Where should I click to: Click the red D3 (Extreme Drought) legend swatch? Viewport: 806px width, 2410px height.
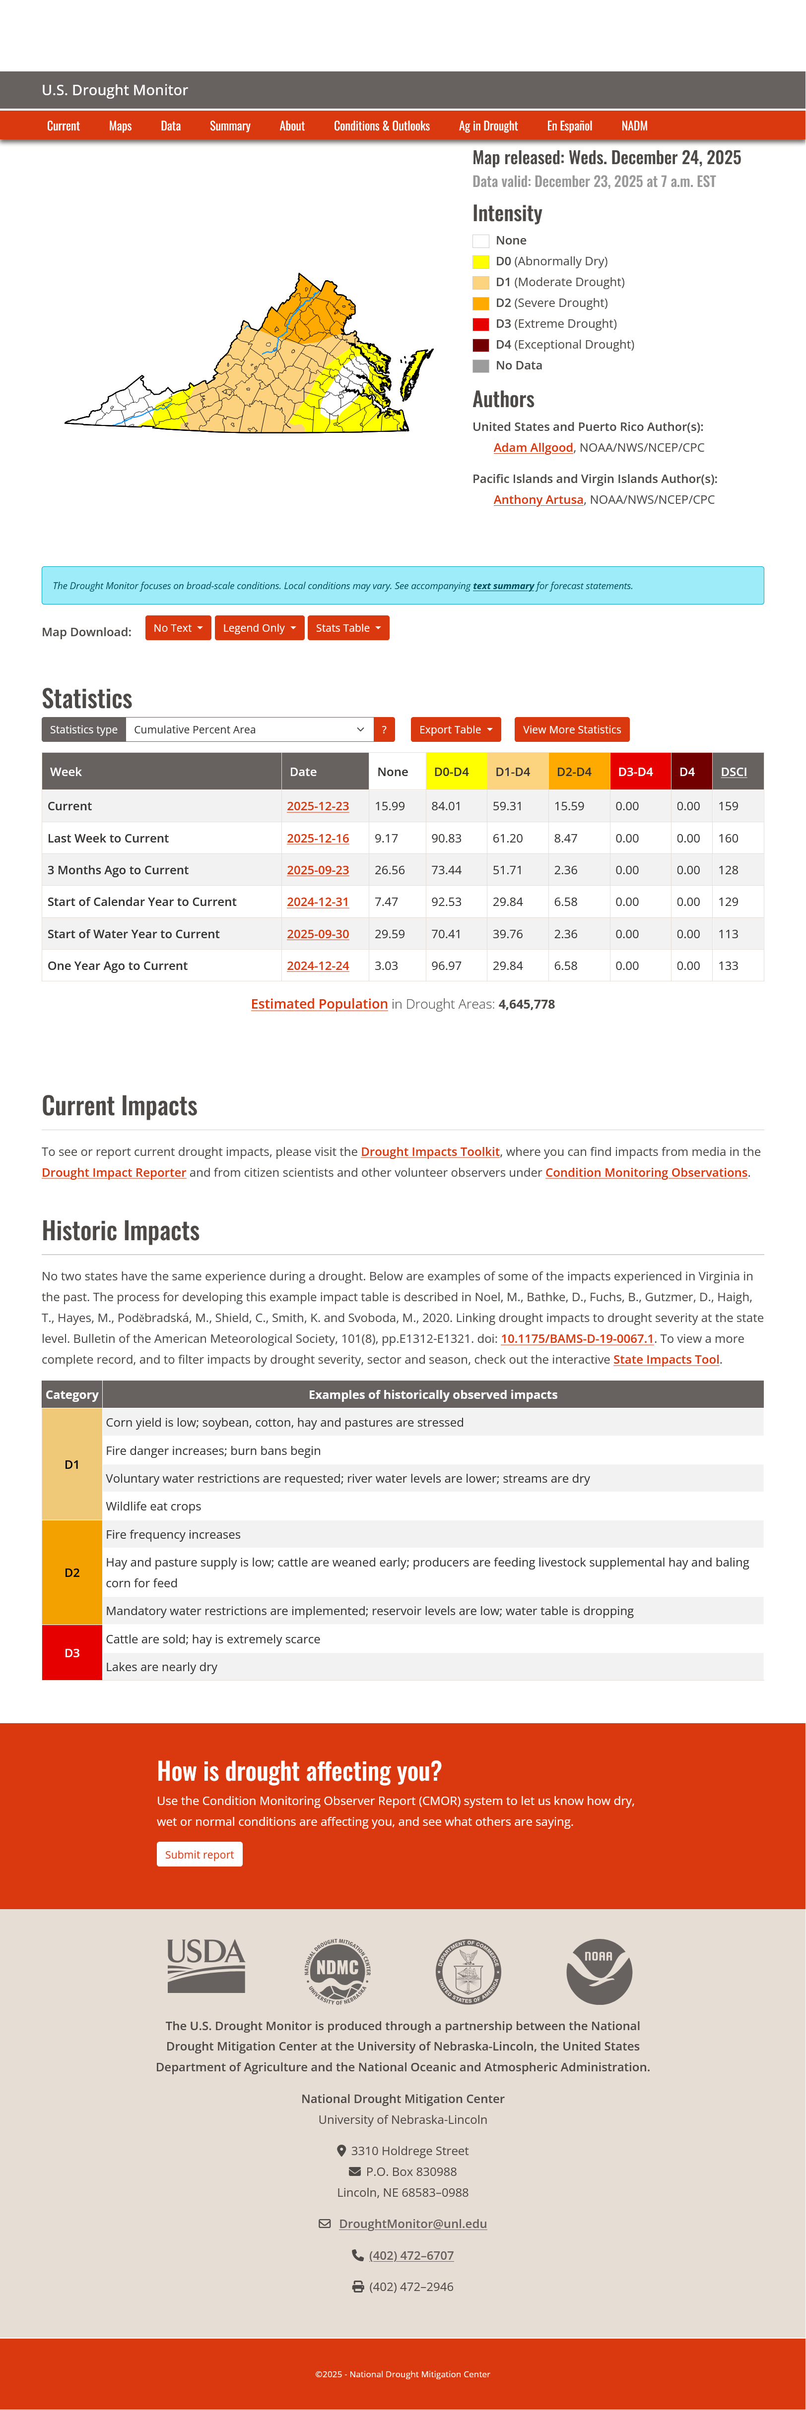[481, 324]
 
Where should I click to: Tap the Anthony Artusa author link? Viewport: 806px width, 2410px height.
[538, 499]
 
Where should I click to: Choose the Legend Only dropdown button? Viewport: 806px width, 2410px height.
[259, 628]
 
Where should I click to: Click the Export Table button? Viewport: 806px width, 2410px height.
[455, 730]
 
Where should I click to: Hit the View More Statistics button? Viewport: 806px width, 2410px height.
[571, 730]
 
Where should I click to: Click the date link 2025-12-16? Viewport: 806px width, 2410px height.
[317, 838]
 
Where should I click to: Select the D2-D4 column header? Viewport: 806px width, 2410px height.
[574, 772]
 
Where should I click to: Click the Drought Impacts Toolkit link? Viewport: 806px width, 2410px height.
[430, 1151]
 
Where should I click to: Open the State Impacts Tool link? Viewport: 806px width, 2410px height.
[666, 1359]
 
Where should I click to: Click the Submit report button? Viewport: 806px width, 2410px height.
[200, 1854]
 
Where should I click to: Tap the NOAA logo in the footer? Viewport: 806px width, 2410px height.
[599, 1971]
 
